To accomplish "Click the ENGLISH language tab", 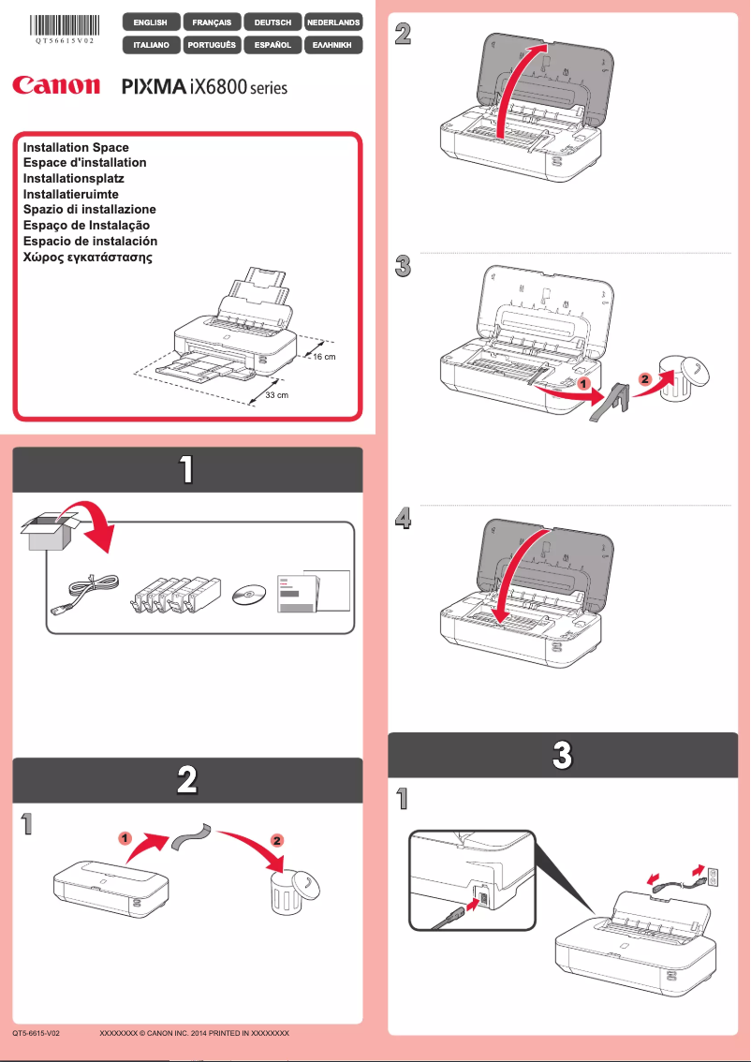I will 151,22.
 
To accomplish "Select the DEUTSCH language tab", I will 272,22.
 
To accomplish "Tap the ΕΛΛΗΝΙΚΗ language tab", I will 333,44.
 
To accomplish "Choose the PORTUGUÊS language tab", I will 211,44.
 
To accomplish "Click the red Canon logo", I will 56,86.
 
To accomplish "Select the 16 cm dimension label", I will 323,358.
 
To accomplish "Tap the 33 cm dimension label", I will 275,396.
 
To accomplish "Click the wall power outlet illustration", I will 711,877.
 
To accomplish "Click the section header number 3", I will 562,755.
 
